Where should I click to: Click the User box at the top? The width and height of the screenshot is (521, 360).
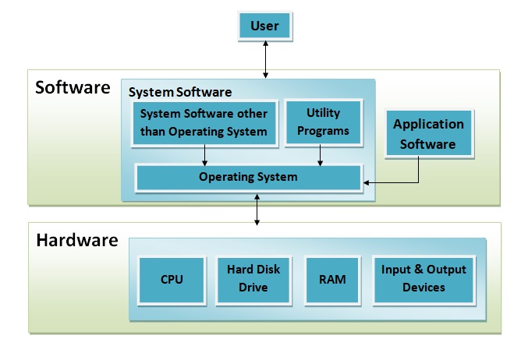click(265, 27)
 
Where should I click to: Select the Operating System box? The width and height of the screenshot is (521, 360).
click(248, 178)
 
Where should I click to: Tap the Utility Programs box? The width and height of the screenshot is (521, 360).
click(323, 122)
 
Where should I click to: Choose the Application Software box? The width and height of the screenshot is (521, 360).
click(428, 133)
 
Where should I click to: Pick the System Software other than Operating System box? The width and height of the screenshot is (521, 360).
click(204, 122)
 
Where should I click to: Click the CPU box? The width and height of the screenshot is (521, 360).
click(172, 278)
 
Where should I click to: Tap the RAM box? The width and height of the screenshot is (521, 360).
click(333, 278)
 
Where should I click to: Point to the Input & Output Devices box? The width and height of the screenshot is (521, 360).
click(424, 278)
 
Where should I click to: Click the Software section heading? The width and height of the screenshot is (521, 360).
click(73, 86)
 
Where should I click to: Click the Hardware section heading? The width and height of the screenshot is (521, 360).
click(76, 240)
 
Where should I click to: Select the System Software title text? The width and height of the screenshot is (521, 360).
click(179, 92)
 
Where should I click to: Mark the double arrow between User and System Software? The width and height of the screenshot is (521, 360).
click(265, 61)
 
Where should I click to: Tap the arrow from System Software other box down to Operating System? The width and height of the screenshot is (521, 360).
click(204, 155)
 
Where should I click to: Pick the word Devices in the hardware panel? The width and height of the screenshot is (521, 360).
click(424, 288)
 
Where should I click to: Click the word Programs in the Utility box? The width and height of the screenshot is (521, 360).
click(323, 131)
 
